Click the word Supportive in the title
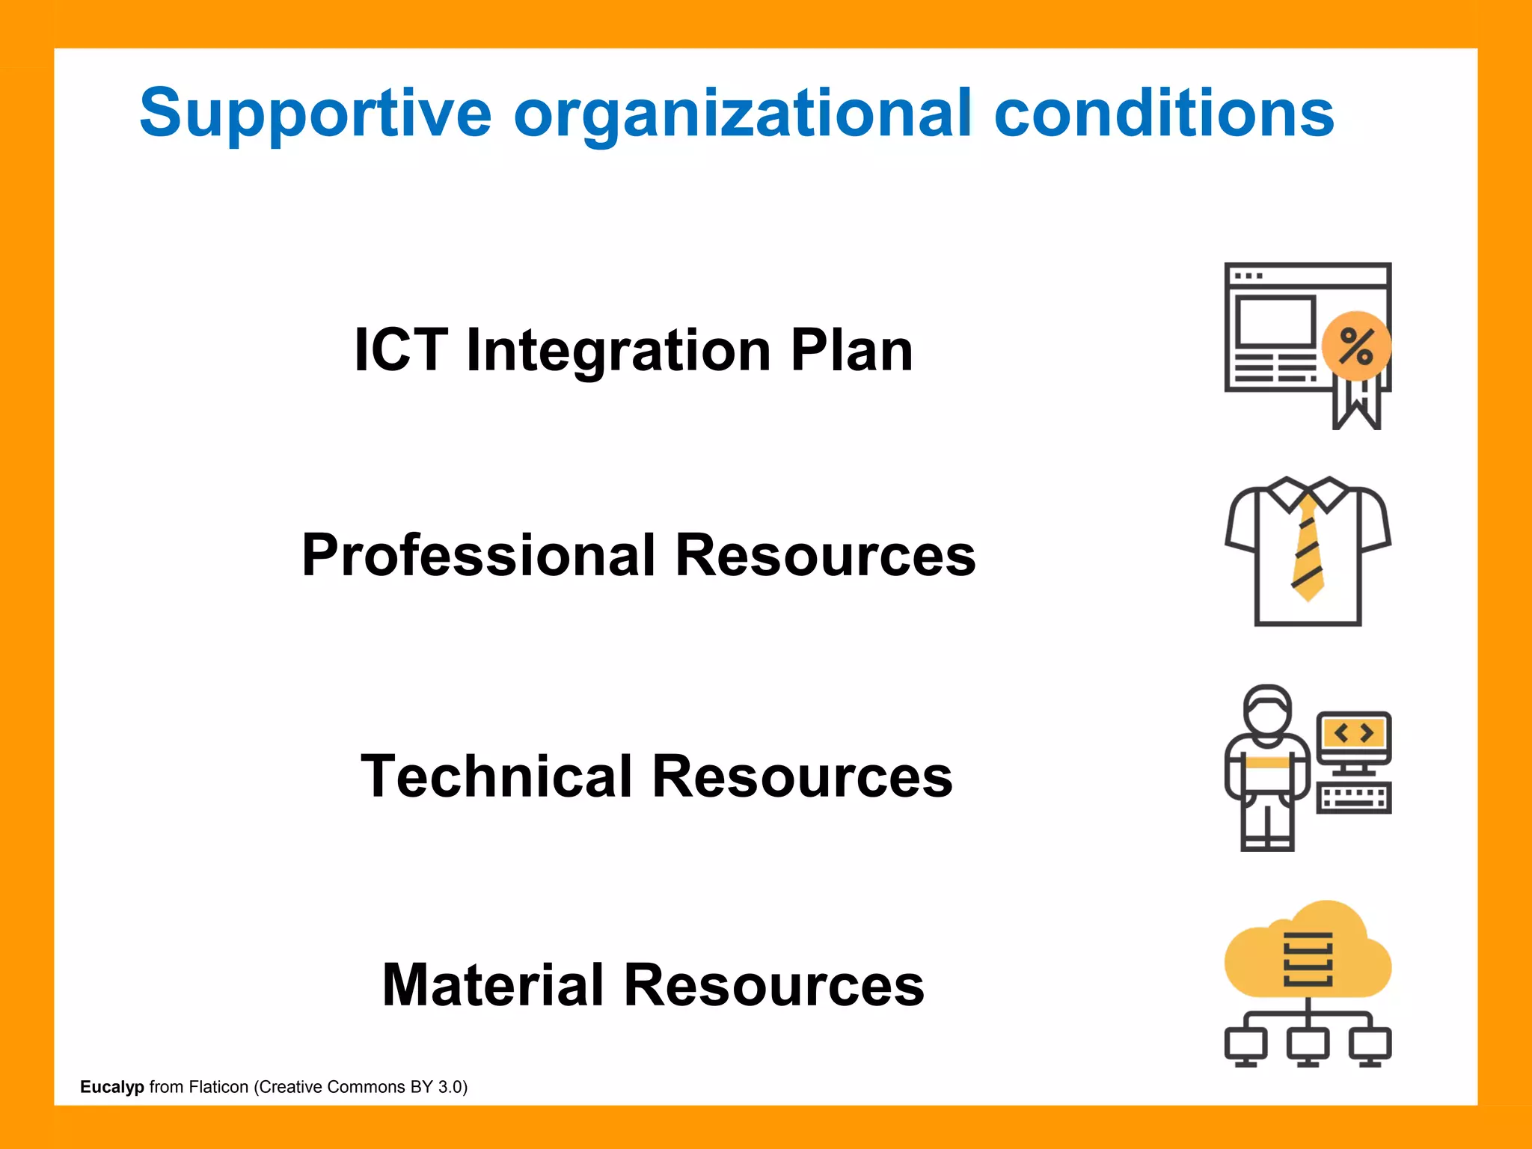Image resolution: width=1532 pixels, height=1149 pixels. tap(315, 114)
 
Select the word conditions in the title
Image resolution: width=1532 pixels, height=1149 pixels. tap(1163, 114)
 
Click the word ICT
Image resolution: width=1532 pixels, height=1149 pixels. tap(401, 349)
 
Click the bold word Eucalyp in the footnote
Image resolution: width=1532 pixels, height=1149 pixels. tap(111, 1087)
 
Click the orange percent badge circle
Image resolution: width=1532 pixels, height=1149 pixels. tap(1355, 346)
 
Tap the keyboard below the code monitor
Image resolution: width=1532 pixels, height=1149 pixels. tap(1353, 797)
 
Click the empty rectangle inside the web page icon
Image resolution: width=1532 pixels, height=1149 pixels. tap(1274, 321)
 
